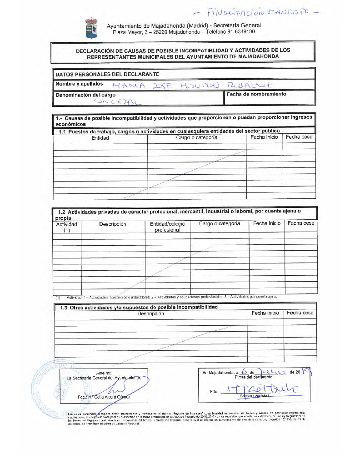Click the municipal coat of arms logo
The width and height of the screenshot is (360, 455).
point(91,28)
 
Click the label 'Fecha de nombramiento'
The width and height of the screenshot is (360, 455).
point(256,94)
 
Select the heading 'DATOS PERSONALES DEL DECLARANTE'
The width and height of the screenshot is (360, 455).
point(107,74)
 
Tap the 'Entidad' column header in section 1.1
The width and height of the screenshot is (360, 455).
point(100,138)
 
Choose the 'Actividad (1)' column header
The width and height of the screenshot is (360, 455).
point(66,227)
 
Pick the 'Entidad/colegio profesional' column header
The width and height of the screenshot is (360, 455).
point(167,227)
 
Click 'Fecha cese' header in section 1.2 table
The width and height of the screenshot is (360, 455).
point(300,223)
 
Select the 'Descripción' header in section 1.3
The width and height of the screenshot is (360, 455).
point(150,313)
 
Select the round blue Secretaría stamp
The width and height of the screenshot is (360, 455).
point(55,387)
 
